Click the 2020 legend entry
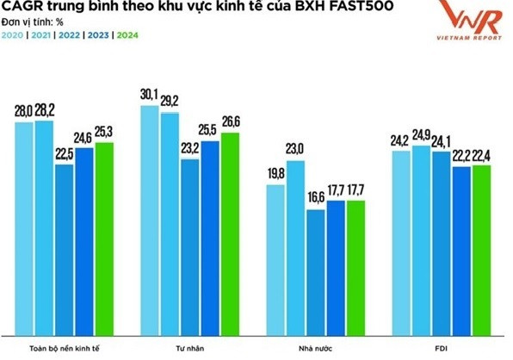tap(15, 35)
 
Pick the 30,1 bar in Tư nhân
tap(149, 224)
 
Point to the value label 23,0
tap(295, 151)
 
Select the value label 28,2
tap(44, 111)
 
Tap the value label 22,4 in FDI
tap(480, 155)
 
